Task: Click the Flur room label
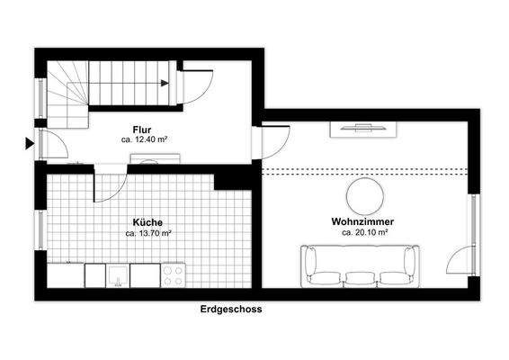click(x=141, y=130)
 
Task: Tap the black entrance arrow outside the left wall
click(x=30, y=142)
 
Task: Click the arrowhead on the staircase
click(x=165, y=84)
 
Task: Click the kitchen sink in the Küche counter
click(x=118, y=274)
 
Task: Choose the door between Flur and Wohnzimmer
click(x=273, y=142)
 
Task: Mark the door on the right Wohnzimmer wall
click(x=464, y=258)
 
